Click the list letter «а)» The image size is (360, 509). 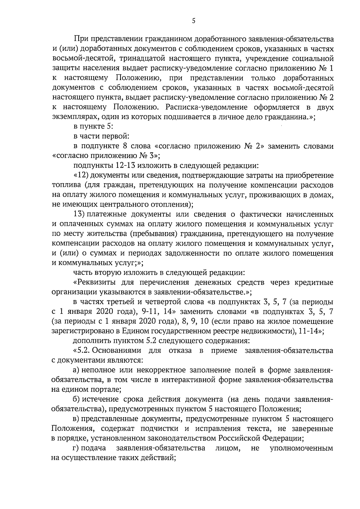(x=77, y=370)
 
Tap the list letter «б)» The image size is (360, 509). (x=77, y=400)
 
